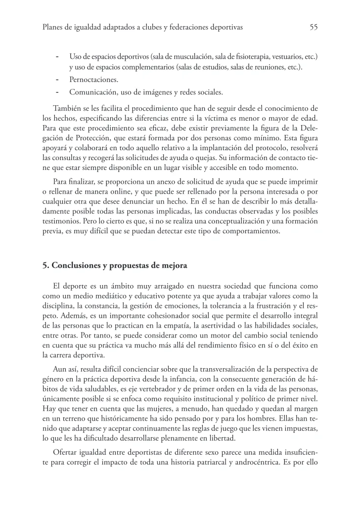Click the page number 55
[x=313, y=27]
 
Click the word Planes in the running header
[x=54, y=27]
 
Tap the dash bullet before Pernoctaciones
[x=58, y=80]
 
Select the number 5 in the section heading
[x=45, y=265]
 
